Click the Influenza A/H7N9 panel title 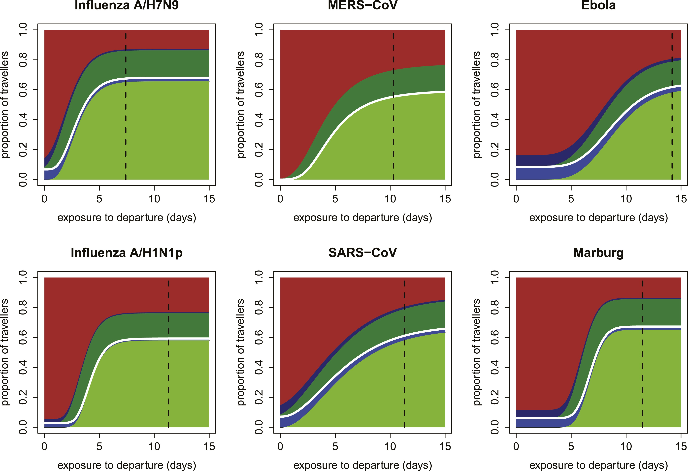pyautogui.click(x=127, y=5)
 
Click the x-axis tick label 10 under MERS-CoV pyautogui.click(x=390, y=199)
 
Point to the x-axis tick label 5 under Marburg pyautogui.click(x=571, y=446)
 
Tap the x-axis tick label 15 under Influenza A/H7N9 pyautogui.click(x=209, y=199)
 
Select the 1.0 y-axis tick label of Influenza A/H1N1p pyautogui.click(x=23, y=278)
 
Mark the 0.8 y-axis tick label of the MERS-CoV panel pyautogui.click(x=259, y=60)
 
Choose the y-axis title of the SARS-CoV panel pyautogui.click(x=241, y=352)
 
